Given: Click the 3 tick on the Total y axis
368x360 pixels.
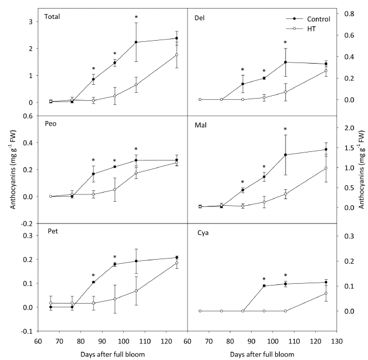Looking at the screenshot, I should click(32, 21).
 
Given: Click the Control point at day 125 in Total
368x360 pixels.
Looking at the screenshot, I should click(177, 38).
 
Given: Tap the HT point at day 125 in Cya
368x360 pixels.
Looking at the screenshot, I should click(326, 294).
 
